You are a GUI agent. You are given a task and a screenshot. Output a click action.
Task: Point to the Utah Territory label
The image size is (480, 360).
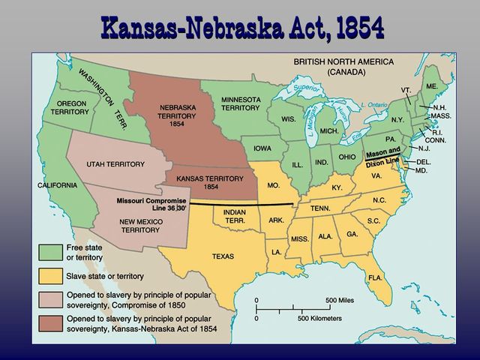click(115, 163)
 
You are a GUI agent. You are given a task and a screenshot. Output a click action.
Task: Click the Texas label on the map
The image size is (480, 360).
click(223, 256)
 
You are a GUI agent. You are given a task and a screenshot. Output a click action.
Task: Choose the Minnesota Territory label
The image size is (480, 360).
click(240, 103)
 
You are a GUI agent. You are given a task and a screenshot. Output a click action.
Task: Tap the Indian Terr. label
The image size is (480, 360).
click(235, 215)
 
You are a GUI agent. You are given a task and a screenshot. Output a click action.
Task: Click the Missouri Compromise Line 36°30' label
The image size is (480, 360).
click(150, 204)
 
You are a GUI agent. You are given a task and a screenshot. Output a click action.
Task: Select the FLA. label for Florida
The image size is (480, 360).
click(375, 277)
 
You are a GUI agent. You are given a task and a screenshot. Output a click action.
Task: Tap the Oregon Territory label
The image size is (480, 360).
click(70, 107)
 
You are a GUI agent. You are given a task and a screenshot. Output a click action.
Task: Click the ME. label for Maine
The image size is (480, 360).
click(431, 87)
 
